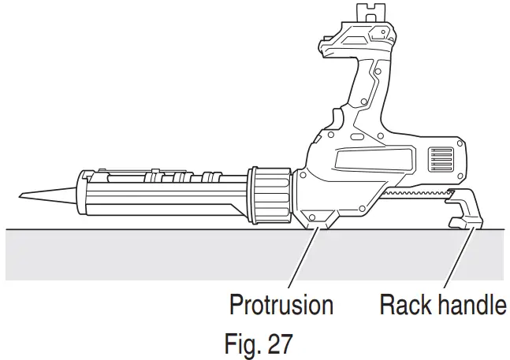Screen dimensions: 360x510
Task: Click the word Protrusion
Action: coord(281,304)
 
